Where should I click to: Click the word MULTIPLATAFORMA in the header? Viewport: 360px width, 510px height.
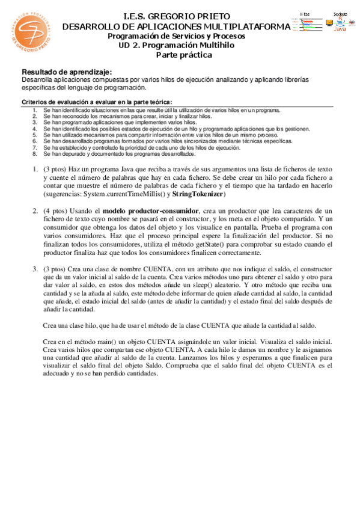point(246,26)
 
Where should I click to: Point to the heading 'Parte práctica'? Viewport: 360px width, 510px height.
point(184,55)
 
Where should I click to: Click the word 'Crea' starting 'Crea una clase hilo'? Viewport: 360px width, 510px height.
point(52,325)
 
